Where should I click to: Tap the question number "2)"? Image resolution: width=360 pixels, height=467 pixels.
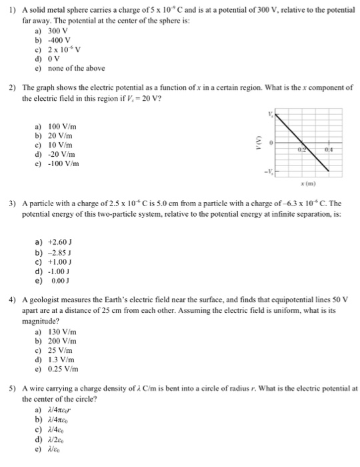coord(12,87)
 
